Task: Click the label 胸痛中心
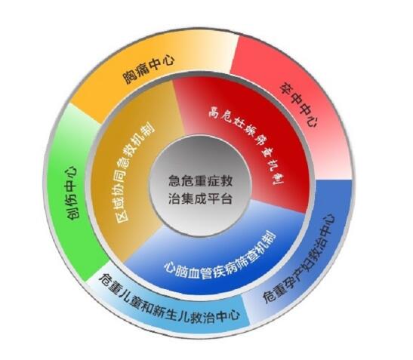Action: (x=149, y=69)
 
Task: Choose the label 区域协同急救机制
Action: (x=135, y=171)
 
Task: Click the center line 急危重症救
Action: (x=200, y=181)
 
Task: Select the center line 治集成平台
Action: (x=200, y=198)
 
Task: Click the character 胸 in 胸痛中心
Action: (x=130, y=77)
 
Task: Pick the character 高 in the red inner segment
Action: (x=214, y=112)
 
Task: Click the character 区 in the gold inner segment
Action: (x=122, y=214)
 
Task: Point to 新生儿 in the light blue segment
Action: (x=177, y=311)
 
